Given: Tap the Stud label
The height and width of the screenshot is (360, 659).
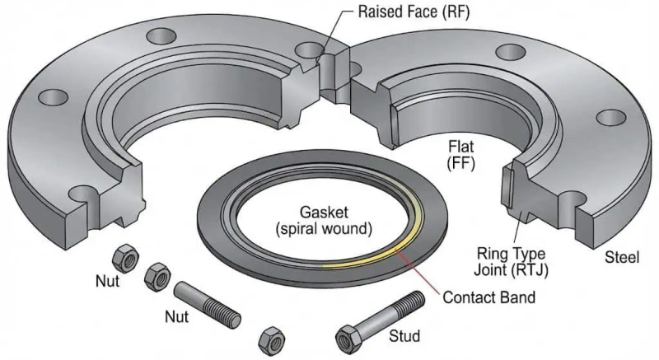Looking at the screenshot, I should [404, 337].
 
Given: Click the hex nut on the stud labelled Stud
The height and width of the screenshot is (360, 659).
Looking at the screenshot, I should [346, 337].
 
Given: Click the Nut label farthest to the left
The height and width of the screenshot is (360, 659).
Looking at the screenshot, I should [105, 281].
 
